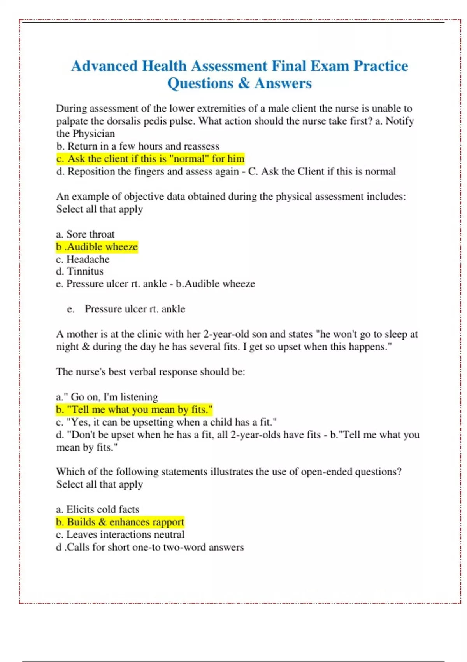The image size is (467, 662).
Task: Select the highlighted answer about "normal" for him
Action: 150,159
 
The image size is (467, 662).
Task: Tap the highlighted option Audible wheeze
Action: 97,247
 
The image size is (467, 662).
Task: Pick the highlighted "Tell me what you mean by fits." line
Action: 134,410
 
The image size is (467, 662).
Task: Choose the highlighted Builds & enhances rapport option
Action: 120,522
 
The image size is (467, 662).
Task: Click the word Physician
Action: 94,134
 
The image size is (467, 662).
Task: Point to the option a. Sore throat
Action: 85,234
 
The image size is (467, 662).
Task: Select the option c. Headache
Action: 83,259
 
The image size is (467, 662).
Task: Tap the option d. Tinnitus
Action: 80,271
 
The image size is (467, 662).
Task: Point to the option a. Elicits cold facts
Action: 98,509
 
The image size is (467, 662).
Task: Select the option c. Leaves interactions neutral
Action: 120,535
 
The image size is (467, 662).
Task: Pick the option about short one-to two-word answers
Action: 150,547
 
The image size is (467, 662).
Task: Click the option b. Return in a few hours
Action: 138,146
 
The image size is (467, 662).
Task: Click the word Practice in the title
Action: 381,66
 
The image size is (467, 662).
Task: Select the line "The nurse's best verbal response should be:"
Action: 151,372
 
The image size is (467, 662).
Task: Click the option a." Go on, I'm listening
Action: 107,397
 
